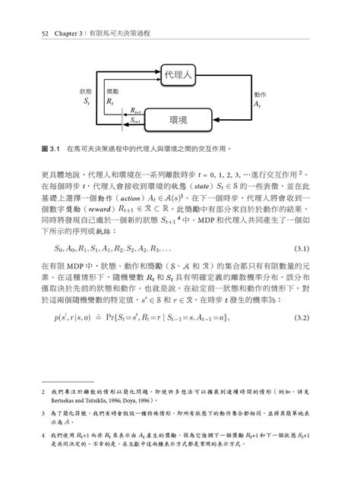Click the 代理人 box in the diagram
[x=180, y=74]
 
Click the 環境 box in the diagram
[x=180, y=120]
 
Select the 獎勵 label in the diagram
[x=112, y=91]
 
